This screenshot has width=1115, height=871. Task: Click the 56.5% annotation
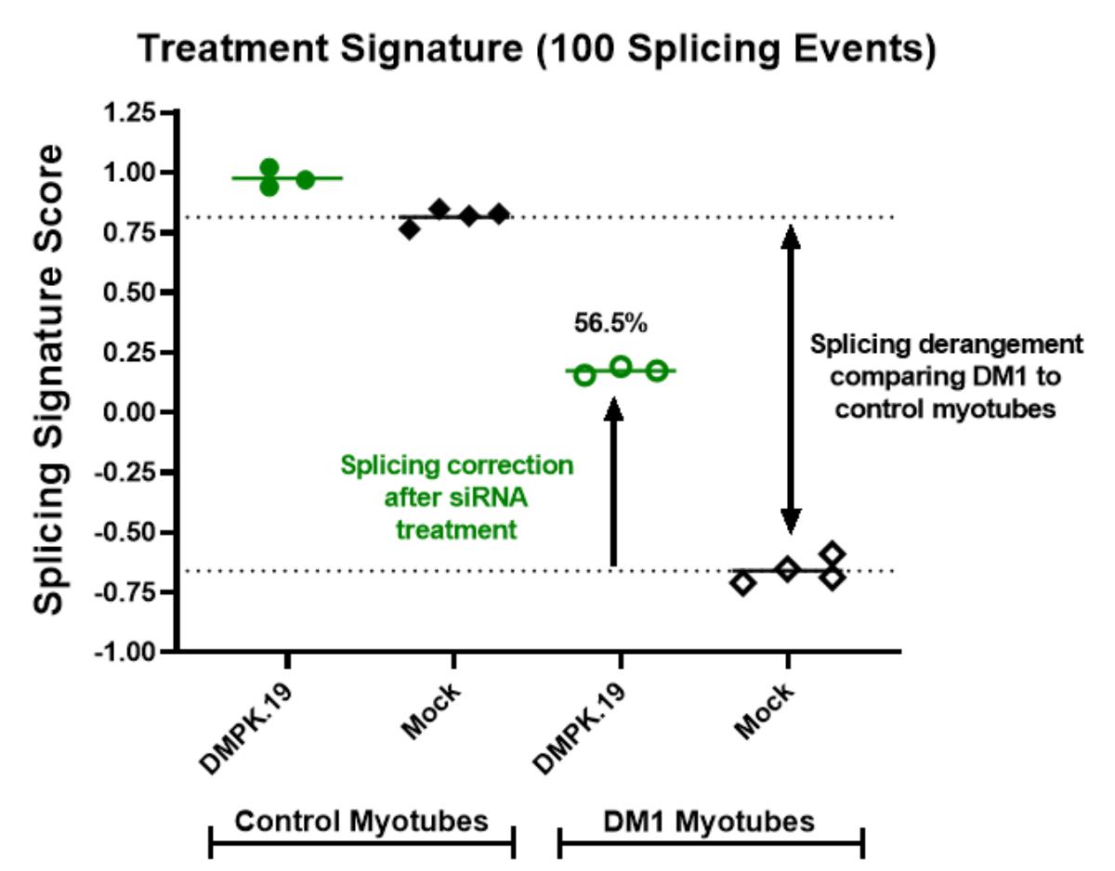(x=610, y=324)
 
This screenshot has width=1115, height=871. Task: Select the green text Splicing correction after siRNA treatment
(x=456, y=497)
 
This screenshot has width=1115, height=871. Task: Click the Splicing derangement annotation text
(x=945, y=376)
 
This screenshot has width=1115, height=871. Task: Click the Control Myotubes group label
(x=361, y=822)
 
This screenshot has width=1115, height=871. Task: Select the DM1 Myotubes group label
(x=710, y=822)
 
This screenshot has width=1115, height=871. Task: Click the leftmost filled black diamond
(x=410, y=228)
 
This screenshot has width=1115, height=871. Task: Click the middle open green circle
(x=621, y=367)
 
